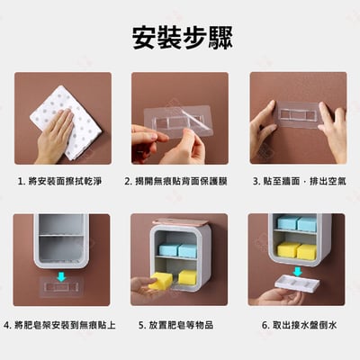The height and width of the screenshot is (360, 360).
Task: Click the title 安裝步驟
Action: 180,37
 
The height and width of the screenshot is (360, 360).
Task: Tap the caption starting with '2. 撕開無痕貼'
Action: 179,181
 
